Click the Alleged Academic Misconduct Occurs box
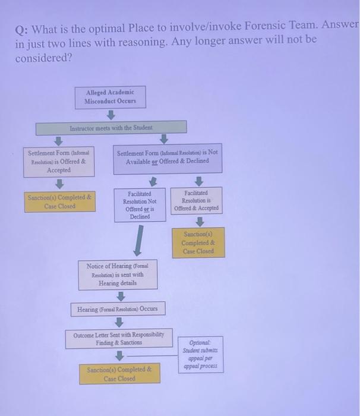click(110, 97)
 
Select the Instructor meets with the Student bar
click(111, 128)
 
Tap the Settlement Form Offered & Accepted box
click(58, 161)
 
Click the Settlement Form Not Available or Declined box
click(167, 156)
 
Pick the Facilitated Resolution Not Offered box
click(140, 205)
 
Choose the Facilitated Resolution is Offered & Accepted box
click(197, 201)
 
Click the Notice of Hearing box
click(118, 275)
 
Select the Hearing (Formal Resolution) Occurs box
click(118, 310)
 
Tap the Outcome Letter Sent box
click(119, 339)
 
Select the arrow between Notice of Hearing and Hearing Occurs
click(119, 295)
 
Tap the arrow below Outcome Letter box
click(119, 355)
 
